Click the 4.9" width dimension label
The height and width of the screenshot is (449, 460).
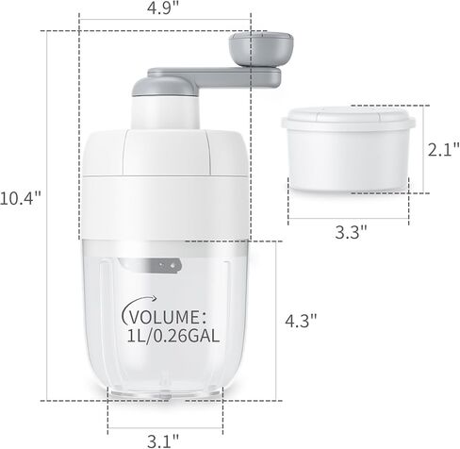coord(163,8)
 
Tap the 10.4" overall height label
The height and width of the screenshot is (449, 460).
coord(21,199)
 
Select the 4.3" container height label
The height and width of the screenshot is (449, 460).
coord(301,321)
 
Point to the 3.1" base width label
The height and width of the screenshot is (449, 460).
coord(163,441)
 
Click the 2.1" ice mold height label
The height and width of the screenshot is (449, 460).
coord(444,150)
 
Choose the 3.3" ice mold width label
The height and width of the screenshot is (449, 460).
coord(351,232)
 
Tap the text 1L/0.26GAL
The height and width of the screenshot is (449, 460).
coord(173,337)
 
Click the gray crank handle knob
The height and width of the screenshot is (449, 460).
coord(261,49)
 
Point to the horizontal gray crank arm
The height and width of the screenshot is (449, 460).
coord(214,77)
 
